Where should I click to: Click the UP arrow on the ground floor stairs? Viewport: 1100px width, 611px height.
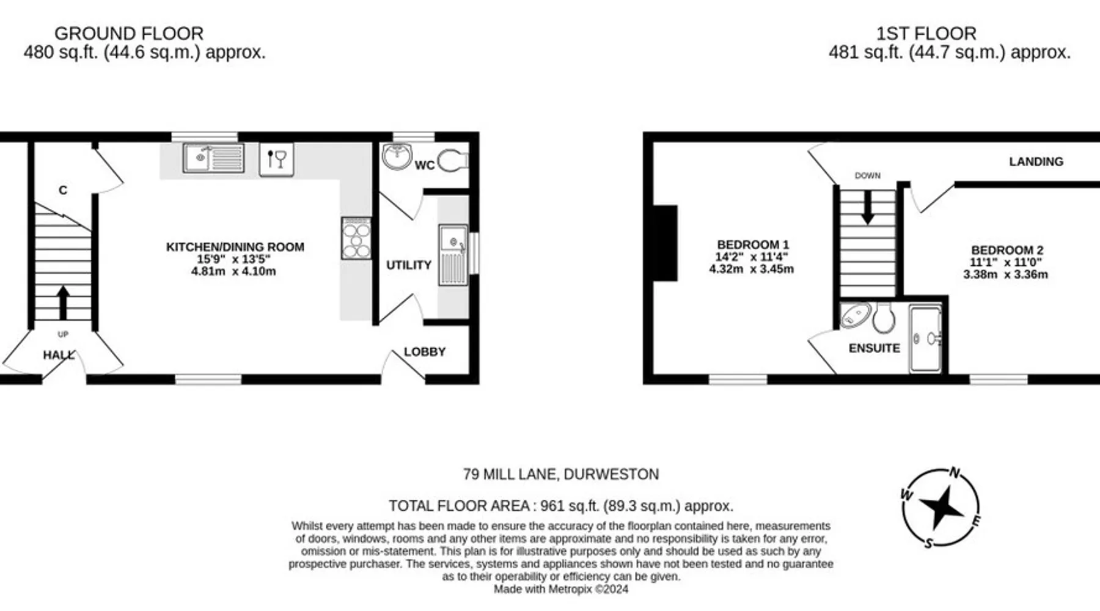pos(63,302)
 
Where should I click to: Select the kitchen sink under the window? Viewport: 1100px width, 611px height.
pos(213,158)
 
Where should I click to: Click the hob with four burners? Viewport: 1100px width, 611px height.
pos(356,238)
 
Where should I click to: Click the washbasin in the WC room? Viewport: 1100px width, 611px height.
pos(397,156)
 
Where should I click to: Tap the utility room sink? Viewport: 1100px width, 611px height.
pos(453,255)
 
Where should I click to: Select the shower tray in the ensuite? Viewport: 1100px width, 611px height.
pos(925,340)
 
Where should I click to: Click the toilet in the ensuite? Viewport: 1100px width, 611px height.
pos(884,318)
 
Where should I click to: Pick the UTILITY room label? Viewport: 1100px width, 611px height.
pos(409,265)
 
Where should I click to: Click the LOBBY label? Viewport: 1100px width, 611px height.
pos(425,352)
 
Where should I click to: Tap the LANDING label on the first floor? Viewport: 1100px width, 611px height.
pos(1036,162)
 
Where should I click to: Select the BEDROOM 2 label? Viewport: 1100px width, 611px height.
pos(1007,250)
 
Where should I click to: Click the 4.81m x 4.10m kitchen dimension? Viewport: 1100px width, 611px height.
pos(233,271)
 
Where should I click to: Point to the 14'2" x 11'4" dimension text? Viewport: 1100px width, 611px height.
pos(752,257)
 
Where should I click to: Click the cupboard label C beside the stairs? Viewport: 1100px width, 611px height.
pos(63,191)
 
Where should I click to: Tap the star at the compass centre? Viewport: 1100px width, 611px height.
pos(942,507)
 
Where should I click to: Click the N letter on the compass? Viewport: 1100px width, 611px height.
pos(955,473)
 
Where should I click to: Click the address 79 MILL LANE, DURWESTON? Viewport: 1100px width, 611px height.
pos(561,475)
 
